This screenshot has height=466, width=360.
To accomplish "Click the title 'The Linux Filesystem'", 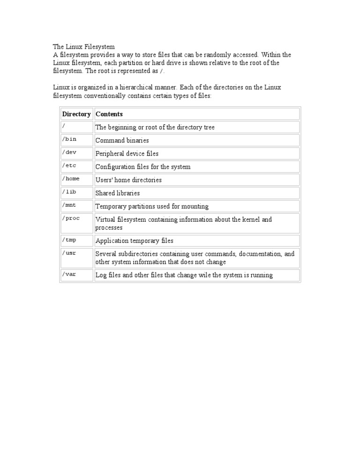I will pyautogui.click(x=84, y=47).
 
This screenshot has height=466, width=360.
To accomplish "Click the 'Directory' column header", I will pyautogui.click(x=76, y=114).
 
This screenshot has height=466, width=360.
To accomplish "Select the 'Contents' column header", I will pyautogui.click(x=109, y=114).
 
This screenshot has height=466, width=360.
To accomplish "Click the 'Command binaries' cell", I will pyautogui.click(x=122, y=140).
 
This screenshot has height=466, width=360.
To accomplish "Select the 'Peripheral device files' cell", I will pyautogui.click(x=127, y=153).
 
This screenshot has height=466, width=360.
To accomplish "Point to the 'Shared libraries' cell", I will pyautogui.click(x=118, y=193).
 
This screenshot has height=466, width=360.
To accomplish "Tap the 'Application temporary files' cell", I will pyautogui.click(x=135, y=241).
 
